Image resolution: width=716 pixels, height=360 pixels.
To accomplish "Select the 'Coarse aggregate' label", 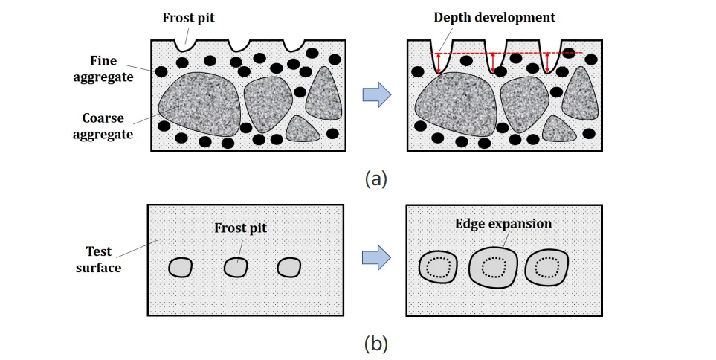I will coord(109,126).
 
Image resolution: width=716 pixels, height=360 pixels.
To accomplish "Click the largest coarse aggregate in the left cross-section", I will coord(200,103).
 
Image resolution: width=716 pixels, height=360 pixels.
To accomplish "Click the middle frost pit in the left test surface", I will coord(236,266).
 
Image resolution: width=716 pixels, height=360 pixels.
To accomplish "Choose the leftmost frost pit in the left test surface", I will coord(179,267).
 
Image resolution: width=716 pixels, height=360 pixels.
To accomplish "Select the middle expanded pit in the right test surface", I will coord(493,266).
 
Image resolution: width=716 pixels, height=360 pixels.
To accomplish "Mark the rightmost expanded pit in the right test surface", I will coord(547,266).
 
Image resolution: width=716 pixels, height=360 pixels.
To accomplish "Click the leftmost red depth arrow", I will coord(439,62).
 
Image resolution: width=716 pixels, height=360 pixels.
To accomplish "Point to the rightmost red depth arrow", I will coord(548,62).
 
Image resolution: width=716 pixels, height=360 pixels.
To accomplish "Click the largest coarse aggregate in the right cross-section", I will coord(456,104).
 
